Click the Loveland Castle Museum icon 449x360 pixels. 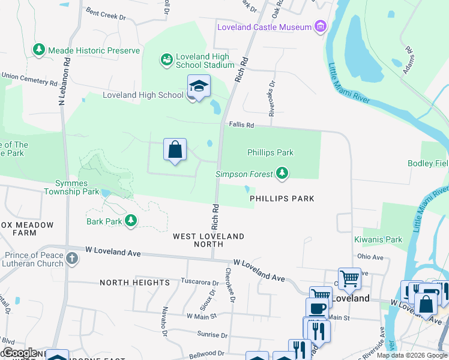pos(321,26)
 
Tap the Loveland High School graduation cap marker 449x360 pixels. pos(199,87)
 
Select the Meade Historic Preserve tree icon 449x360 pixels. pos(40,50)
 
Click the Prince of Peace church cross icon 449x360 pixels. pos(71,259)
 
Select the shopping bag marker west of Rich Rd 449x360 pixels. pos(175,150)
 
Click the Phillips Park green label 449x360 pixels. pos(270,152)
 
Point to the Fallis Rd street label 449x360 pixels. pos(242,125)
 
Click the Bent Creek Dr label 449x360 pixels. pos(106,14)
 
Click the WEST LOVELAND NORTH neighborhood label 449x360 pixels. pos(208,240)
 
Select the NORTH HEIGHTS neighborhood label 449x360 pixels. pos(134,282)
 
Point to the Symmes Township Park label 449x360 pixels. pos(71,187)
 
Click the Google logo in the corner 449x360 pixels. pos(19,352)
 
